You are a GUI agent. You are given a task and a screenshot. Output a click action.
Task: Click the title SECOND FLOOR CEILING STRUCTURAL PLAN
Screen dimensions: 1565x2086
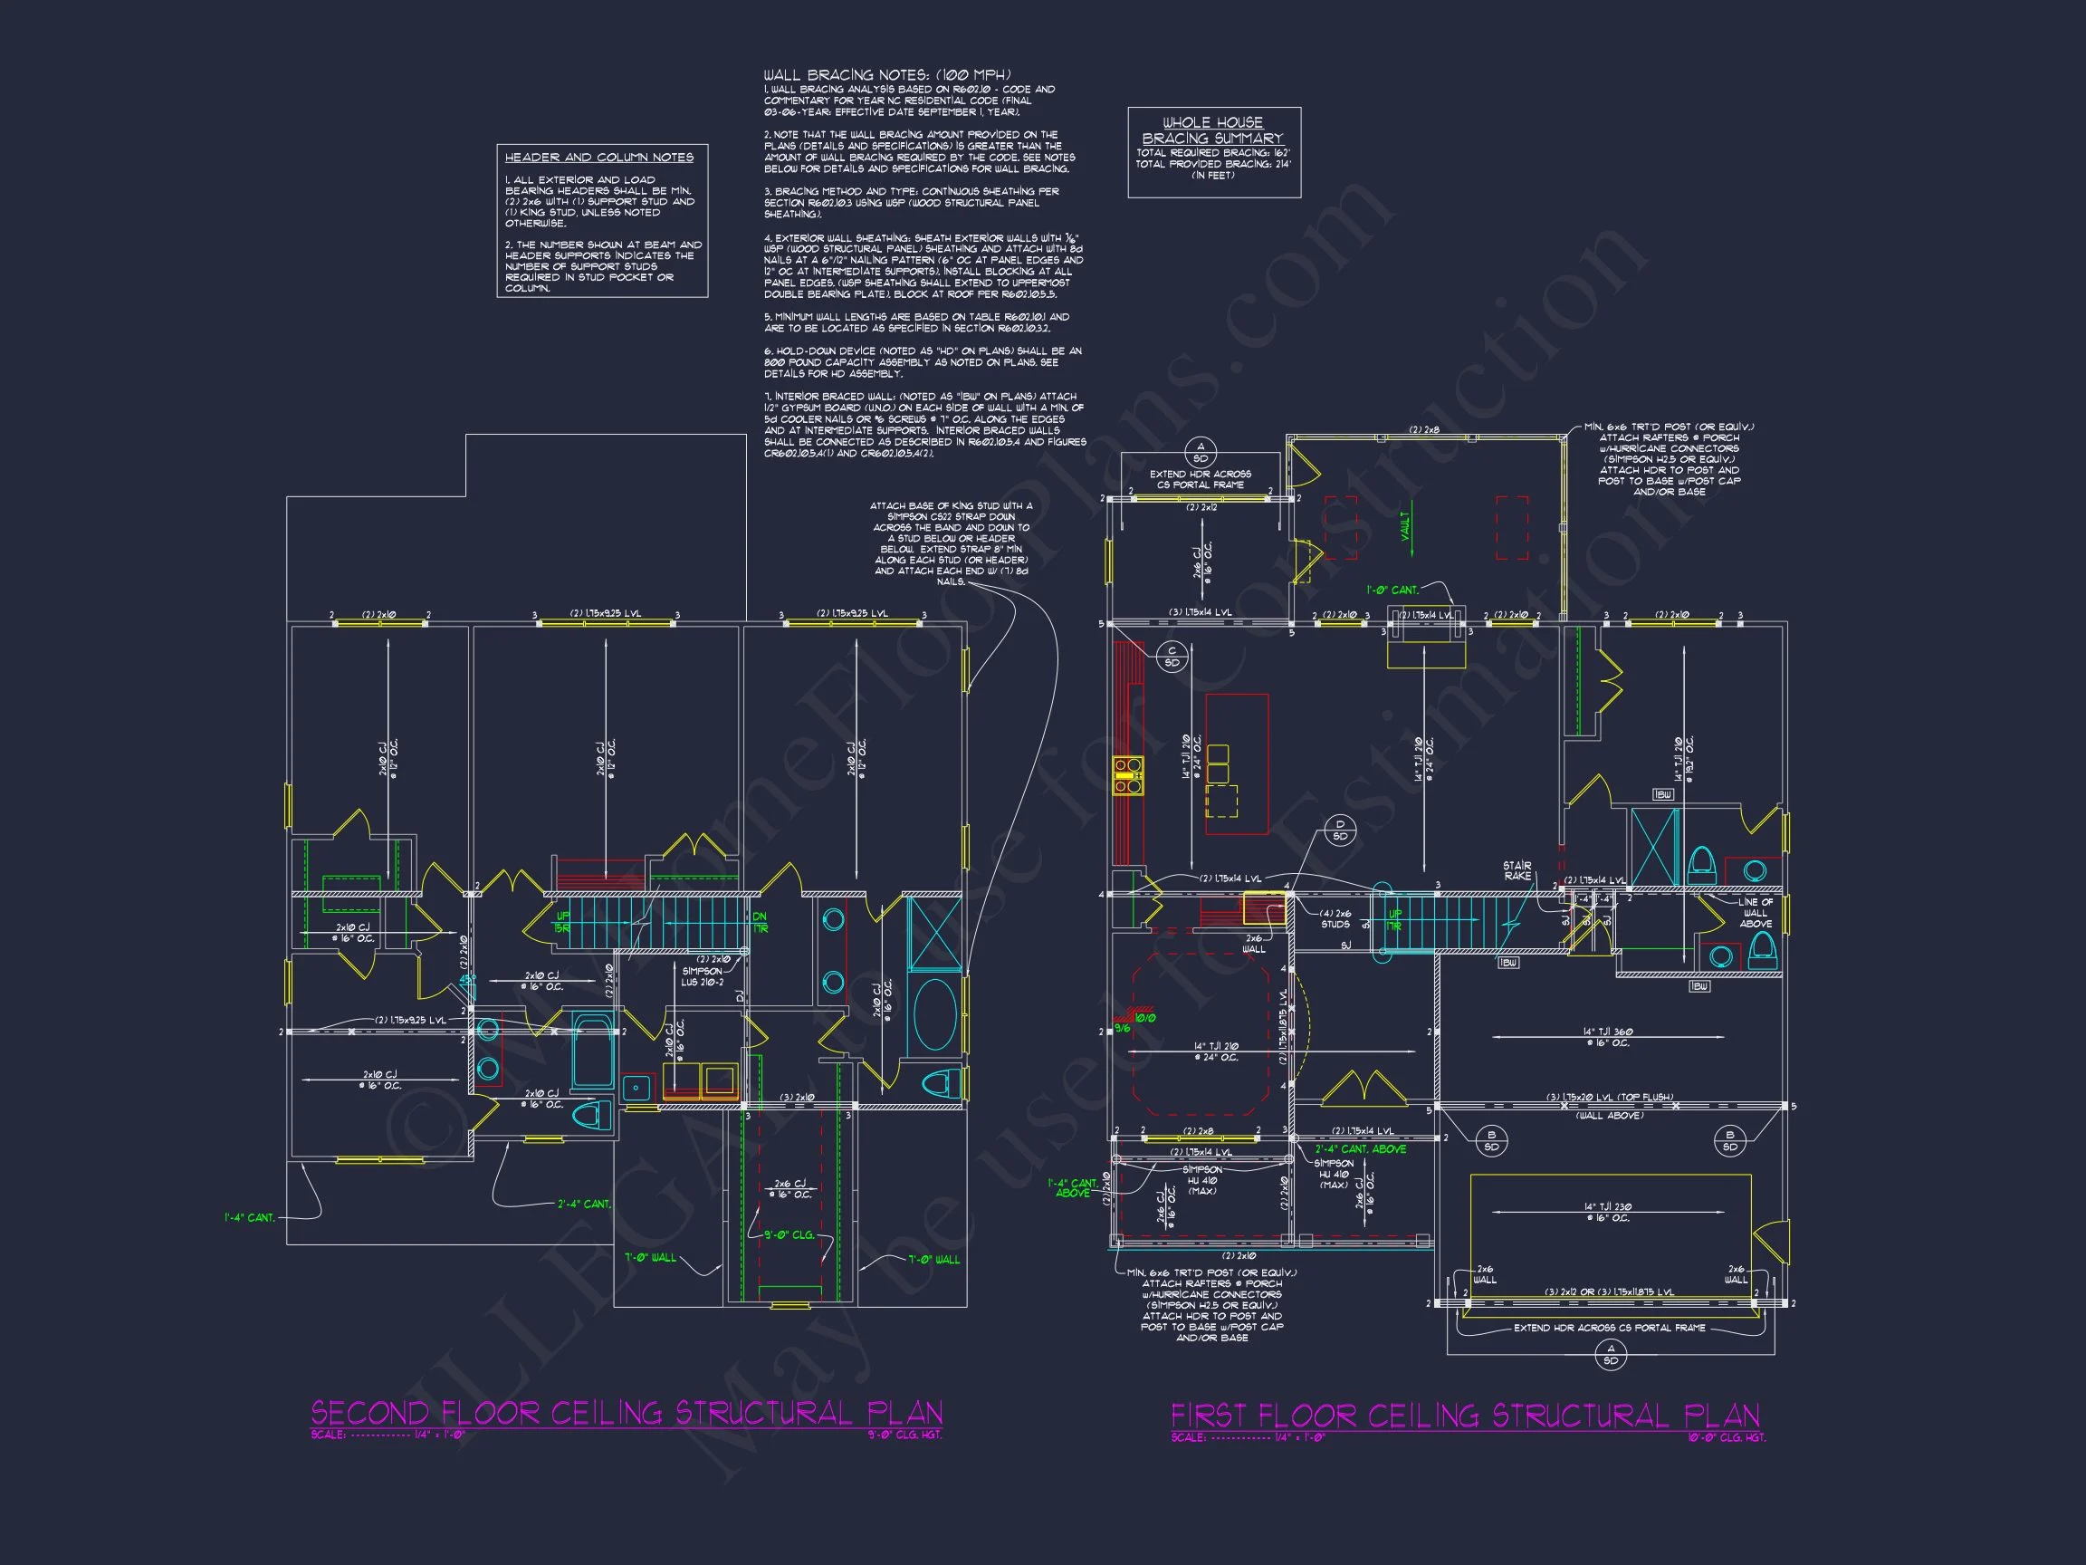[x=627, y=1412]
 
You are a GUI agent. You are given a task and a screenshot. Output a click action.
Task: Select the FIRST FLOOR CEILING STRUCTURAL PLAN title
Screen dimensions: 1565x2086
[x=1465, y=1415]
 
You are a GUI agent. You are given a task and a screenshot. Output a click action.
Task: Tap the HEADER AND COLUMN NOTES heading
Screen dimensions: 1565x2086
[x=598, y=158]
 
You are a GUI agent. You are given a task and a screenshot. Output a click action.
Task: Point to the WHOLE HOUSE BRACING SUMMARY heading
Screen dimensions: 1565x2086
[x=1212, y=130]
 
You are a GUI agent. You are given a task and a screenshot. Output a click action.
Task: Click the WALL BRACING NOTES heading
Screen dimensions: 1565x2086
[x=886, y=74]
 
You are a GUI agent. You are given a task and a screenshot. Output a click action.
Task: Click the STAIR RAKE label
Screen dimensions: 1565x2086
[x=1517, y=870]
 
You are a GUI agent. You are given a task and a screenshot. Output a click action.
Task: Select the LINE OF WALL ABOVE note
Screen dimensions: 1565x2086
[x=1755, y=912]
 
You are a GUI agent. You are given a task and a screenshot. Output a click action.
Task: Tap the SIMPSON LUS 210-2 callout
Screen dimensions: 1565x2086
[x=703, y=976]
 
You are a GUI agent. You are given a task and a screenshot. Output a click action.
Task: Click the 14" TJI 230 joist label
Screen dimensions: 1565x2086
[x=1611, y=1212]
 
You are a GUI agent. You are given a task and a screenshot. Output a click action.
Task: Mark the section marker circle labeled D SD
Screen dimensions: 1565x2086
[x=1340, y=831]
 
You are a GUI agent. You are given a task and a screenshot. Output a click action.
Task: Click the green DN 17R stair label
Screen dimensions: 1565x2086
[x=761, y=923]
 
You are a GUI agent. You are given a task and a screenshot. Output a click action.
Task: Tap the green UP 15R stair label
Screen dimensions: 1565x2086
[x=562, y=923]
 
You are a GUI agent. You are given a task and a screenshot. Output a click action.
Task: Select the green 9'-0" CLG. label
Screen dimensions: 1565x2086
[x=789, y=1234]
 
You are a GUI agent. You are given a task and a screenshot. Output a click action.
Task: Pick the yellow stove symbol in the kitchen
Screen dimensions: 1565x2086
[x=1128, y=775]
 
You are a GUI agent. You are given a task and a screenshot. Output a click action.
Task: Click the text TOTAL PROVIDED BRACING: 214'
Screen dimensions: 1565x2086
[x=1212, y=164]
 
